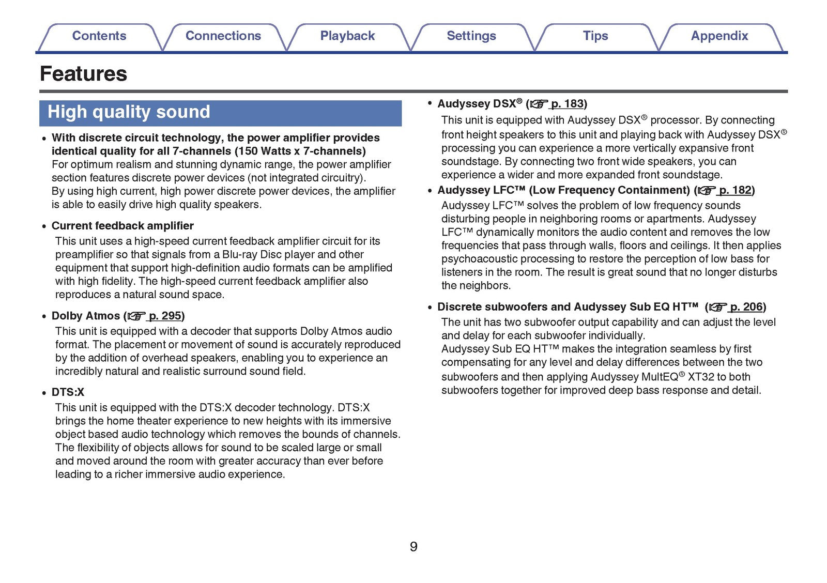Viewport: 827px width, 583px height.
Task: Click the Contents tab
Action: click(x=99, y=36)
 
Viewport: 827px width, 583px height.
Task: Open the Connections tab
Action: click(x=223, y=36)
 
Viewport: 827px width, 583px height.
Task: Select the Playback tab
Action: click(x=347, y=36)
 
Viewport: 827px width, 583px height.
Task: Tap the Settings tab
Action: click(x=471, y=36)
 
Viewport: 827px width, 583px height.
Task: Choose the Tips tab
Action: click(x=595, y=36)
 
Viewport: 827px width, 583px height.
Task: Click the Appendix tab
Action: click(x=719, y=36)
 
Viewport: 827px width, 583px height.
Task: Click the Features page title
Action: click(x=84, y=74)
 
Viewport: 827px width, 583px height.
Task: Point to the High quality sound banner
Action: click(x=220, y=113)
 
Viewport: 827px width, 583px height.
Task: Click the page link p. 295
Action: click(x=165, y=316)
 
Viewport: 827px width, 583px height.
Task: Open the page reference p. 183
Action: click(x=567, y=104)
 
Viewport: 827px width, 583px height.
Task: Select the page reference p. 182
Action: click(x=735, y=190)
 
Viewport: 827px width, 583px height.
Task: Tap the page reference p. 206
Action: click(x=746, y=307)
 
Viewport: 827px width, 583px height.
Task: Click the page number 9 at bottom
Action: click(x=413, y=547)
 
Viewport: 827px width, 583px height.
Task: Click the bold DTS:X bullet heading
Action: click(x=68, y=392)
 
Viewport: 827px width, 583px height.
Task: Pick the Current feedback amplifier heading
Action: click(x=122, y=226)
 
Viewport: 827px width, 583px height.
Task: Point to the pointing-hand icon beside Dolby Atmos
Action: click(x=136, y=316)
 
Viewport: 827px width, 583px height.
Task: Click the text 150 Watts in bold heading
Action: click(x=265, y=151)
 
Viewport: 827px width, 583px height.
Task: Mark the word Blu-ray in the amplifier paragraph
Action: click(x=240, y=255)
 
